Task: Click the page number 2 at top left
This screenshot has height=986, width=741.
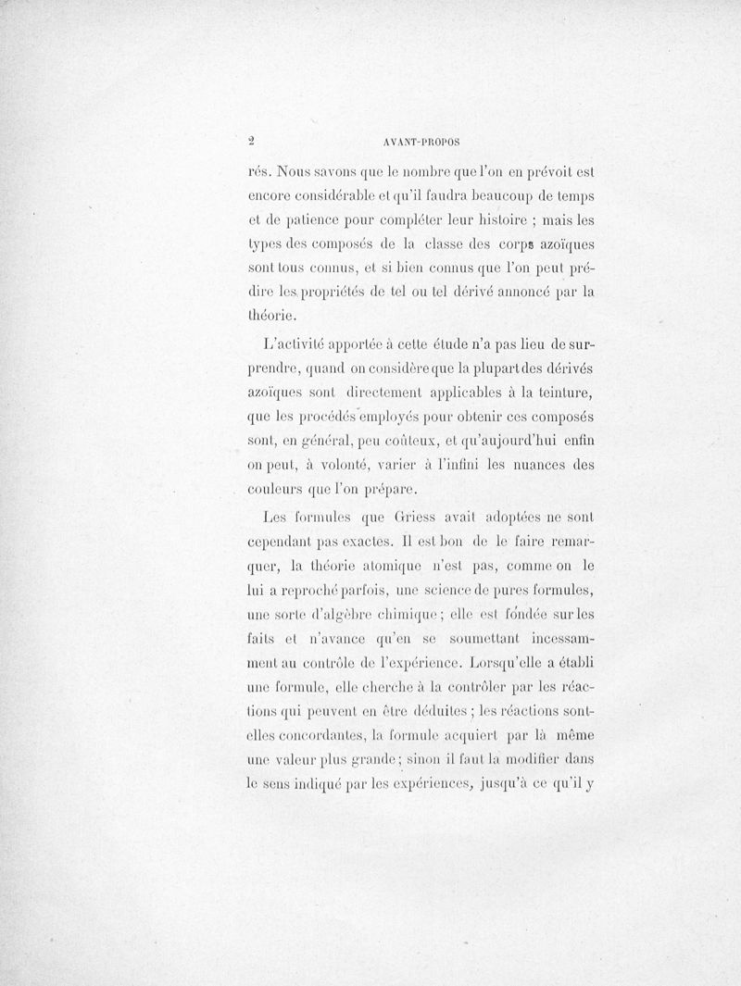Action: click(x=251, y=143)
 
